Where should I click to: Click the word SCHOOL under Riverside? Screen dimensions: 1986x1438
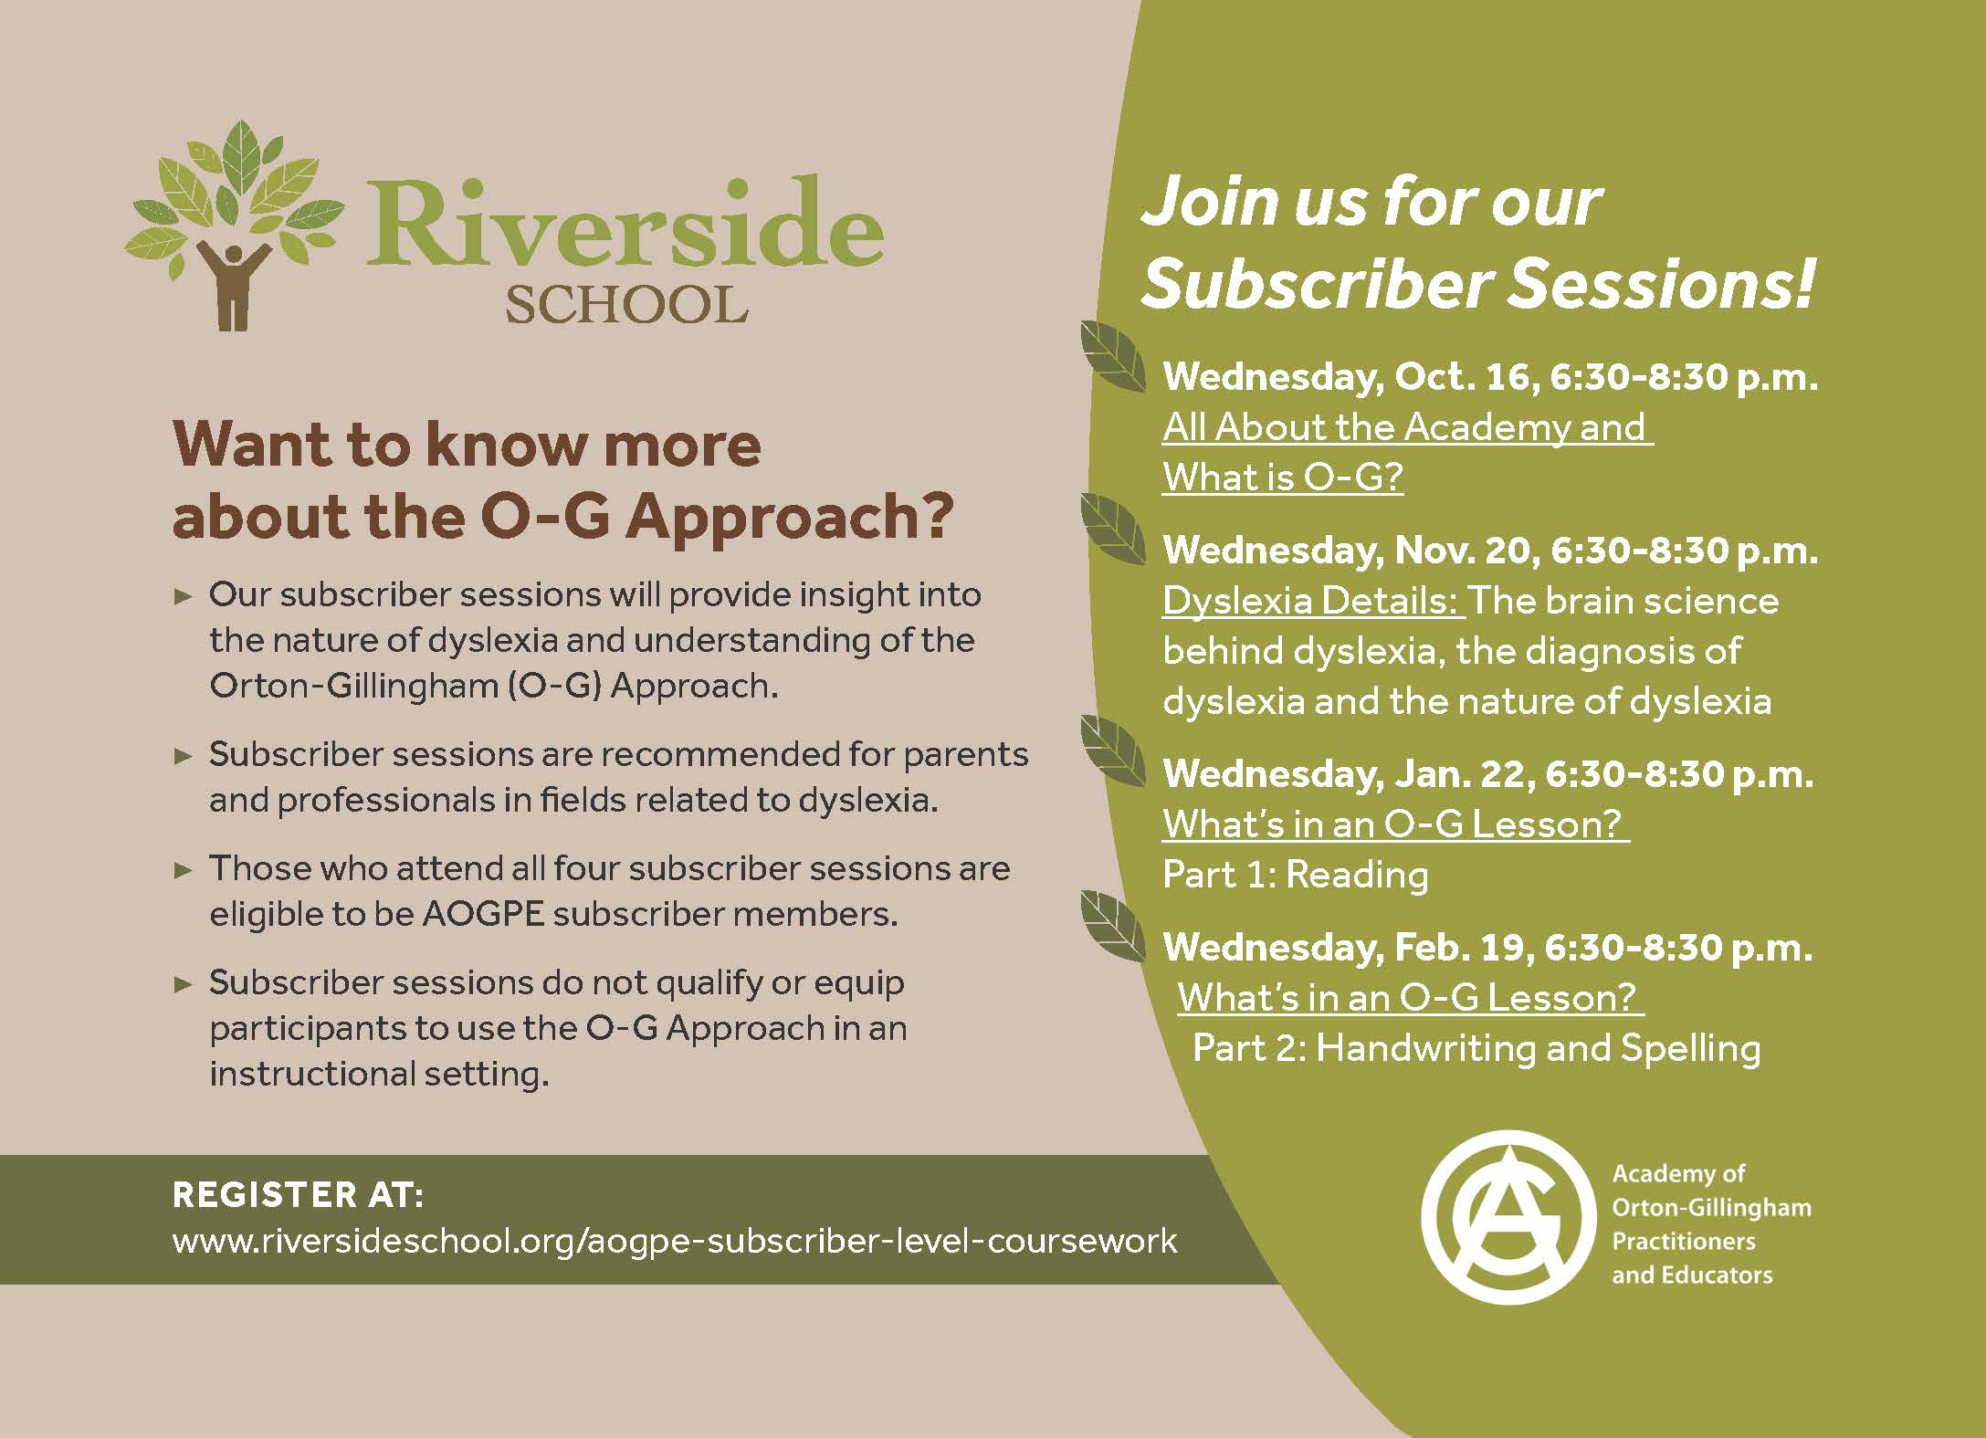point(626,304)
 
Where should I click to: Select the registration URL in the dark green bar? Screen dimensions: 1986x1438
point(675,1241)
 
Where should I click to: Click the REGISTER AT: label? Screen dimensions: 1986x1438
point(298,1194)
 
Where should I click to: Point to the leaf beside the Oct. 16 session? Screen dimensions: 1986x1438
point(1111,357)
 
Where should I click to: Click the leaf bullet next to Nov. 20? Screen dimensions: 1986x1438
point(1111,529)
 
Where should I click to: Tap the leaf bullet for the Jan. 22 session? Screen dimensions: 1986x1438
point(1111,750)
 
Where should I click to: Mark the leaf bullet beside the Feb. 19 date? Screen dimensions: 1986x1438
point(1111,926)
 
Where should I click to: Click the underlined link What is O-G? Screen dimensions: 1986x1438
point(1282,477)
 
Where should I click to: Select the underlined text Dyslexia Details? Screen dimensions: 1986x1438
point(1313,601)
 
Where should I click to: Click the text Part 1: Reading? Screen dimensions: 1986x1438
point(1295,875)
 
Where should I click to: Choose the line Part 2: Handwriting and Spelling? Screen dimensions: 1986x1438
point(1476,1047)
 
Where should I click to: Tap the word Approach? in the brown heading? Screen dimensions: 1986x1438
point(790,518)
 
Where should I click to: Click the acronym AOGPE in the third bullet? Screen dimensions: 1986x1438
point(483,914)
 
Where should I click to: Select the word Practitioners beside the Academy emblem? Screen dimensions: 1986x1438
point(1684,1242)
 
